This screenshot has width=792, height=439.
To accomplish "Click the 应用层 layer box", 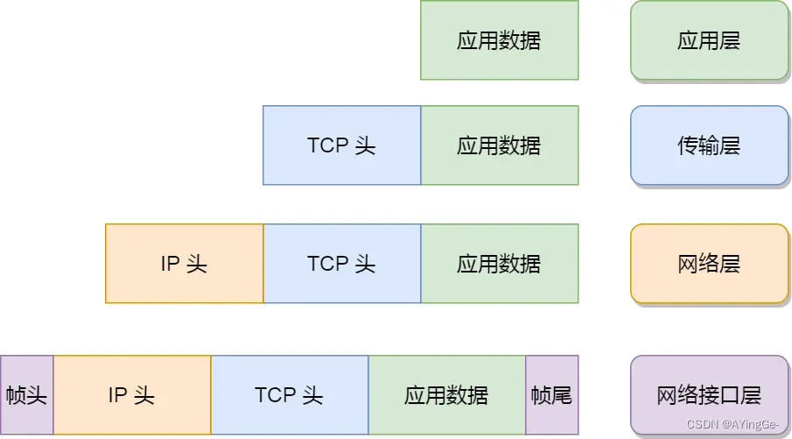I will (x=709, y=40).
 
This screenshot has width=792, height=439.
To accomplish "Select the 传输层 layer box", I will (x=709, y=145).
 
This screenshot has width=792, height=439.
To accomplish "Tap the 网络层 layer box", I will (x=709, y=264).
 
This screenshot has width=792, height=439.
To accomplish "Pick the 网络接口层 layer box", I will (x=709, y=395).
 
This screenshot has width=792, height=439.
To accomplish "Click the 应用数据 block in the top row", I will (x=499, y=40).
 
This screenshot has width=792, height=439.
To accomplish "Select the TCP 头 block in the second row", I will (x=341, y=145).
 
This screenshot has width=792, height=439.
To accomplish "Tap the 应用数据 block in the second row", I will (x=499, y=145).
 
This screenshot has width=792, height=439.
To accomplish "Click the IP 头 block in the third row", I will (x=184, y=264).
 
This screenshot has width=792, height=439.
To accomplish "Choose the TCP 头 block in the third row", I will (x=341, y=264).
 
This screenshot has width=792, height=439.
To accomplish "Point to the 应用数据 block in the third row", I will (x=499, y=264).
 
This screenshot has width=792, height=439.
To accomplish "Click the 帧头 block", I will (x=26, y=395).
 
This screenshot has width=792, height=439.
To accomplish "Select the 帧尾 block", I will (x=551, y=395).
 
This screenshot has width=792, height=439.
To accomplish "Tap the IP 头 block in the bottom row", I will (x=131, y=395).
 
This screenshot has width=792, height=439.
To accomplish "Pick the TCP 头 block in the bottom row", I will (x=289, y=395).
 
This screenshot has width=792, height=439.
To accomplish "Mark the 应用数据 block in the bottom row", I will (x=446, y=395).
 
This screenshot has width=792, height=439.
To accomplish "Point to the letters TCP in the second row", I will (x=328, y=145).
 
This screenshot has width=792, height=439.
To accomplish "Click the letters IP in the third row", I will (x=170, y=264).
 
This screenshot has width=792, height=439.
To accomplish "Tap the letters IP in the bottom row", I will (x=117, y=395).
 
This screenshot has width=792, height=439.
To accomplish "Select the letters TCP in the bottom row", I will (x=276, y=395).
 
